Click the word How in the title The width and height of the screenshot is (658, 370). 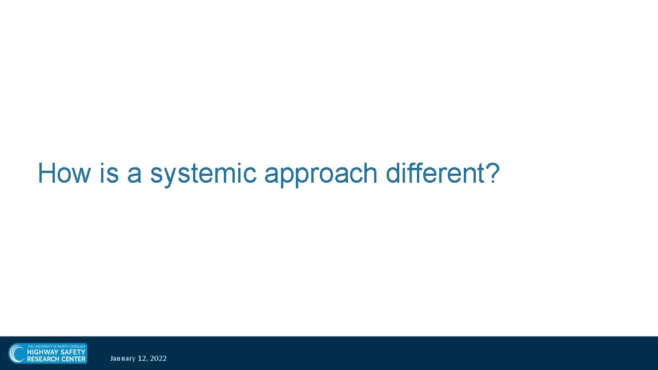[64, 173]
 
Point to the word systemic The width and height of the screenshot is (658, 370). [203, 174]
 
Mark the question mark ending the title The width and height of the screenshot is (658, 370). [493, 173]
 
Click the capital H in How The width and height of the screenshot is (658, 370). [46, 173]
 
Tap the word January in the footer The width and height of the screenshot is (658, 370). [123, 359]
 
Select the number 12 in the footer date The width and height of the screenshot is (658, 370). [142, 359]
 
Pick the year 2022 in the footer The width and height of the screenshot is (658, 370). [158, 359]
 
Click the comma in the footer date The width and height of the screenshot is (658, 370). [147, 360]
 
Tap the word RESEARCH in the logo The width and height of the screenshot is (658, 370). [43, 359]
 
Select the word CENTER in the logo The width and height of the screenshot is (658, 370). [74, 359]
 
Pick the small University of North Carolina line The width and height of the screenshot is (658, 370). [56, 346]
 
